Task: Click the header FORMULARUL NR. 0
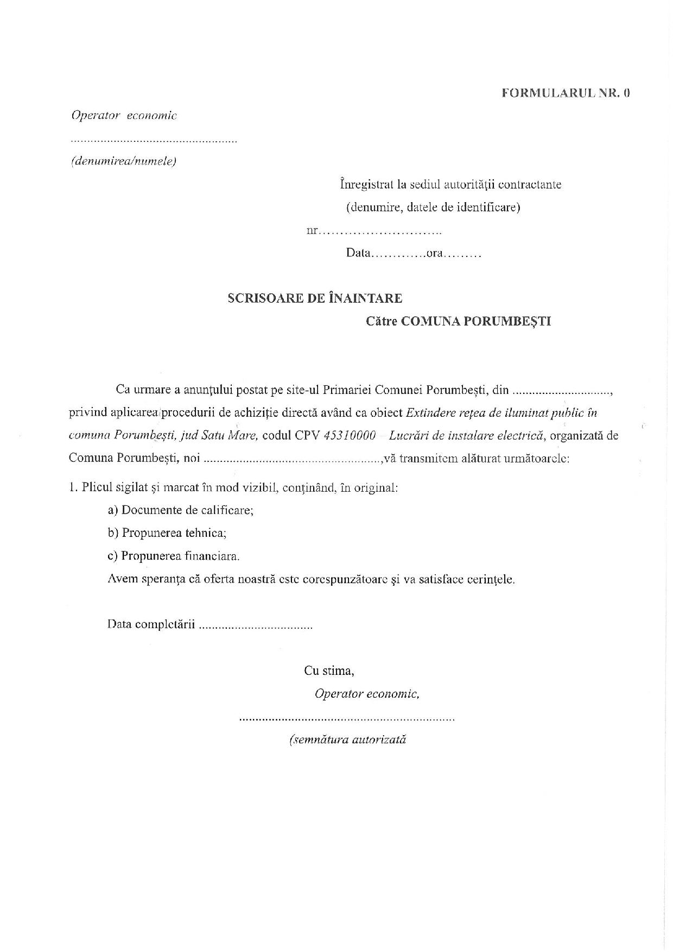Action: coord(566,93)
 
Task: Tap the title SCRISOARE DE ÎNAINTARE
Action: coord(315,298)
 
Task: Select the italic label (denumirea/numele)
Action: coord(123,161)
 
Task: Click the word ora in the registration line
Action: coord(435,253)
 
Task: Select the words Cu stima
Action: coord(329,671)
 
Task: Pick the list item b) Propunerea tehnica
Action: coord(167,533)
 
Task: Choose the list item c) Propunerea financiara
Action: coord(174,556)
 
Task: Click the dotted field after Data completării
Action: coord(256,626)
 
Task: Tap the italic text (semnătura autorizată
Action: coord(348,740)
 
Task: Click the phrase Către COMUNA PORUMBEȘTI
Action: coord(458,321)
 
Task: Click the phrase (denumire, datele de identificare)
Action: coord(433,207)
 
